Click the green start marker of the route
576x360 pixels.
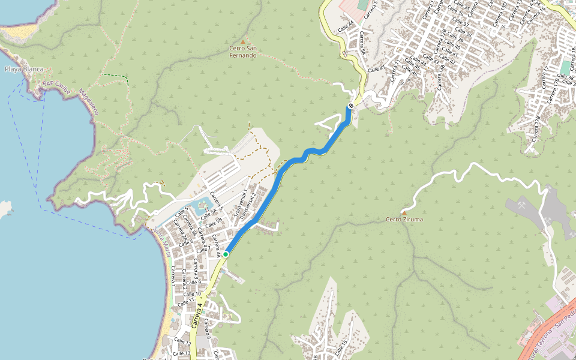click(226, 254)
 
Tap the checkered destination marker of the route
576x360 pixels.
click(350, 106)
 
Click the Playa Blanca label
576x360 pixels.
click(24, 69)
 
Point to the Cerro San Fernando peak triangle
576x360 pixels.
click(243, 41)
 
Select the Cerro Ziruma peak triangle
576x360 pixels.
click(404, 212)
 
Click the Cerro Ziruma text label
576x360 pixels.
click(404, 220)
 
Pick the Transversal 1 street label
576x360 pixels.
click(241, 203)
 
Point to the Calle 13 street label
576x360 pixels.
click(182, 353)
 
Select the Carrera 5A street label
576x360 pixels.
click(362, 42)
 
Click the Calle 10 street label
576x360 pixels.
click(193, 295)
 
